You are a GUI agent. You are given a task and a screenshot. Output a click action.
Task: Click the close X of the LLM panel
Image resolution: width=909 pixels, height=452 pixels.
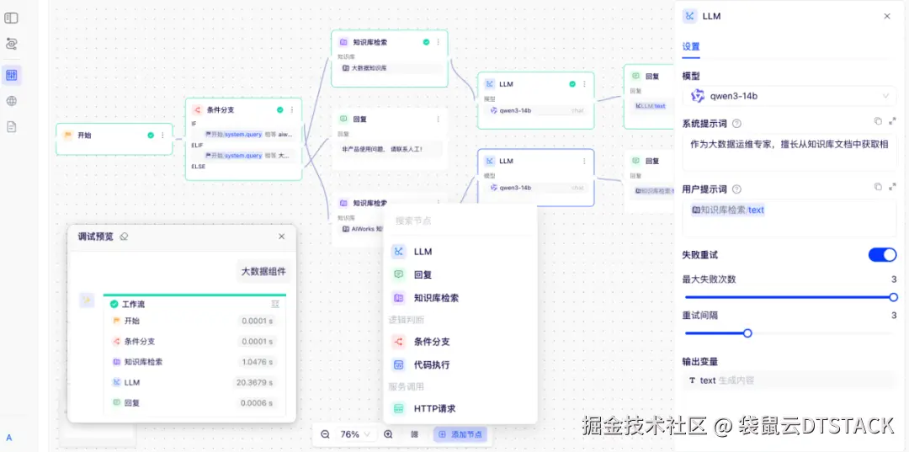click(x=886, y=16)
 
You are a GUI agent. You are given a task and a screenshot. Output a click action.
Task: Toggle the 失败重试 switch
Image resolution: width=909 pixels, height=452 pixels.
click(x=882, y=255)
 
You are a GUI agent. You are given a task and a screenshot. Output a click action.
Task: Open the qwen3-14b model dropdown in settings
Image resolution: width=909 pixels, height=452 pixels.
click(x=789, y=96)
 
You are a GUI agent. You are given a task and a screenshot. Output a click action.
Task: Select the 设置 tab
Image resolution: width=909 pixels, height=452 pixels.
click(x=690, y=47)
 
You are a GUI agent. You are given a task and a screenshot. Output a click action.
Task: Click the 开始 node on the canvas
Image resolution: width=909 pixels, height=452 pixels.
click(x=84, y=135)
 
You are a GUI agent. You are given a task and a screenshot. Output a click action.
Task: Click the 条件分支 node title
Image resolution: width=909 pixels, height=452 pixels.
click(x=221, y=109)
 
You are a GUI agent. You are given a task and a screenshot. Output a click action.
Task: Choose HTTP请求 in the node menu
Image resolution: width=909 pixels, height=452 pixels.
click(x=434, y=409)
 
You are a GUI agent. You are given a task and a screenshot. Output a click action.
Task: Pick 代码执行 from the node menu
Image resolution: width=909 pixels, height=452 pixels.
click(x=431, y=365)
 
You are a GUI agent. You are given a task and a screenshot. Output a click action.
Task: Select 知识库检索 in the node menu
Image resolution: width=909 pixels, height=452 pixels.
click(x=436, y=298)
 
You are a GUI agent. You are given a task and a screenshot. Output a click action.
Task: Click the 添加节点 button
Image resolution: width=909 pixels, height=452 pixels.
click(x=460, y=434)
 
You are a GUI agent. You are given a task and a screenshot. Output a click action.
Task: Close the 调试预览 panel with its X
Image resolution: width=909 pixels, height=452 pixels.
click(x=281, y=237)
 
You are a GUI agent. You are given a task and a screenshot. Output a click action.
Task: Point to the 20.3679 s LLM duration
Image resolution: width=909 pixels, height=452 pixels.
click(x=254, y=383)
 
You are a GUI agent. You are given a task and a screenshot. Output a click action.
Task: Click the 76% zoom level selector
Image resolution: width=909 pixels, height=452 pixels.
click(x=354, y=434)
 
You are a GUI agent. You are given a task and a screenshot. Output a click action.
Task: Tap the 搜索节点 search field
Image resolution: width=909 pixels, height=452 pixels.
click(x=459, y=221)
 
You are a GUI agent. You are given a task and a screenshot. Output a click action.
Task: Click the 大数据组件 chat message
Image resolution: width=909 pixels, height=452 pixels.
click(x=263, y=271)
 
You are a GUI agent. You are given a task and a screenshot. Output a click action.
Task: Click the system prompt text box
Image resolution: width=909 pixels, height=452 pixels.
click(x=789, y=151)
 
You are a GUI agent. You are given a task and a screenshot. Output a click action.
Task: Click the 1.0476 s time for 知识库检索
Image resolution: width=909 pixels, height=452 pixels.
click(x=257, y=362)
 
